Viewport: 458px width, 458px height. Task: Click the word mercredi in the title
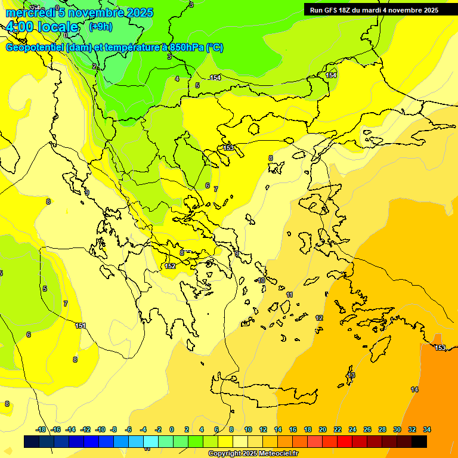point(30,13)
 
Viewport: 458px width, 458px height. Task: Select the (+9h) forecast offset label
point(100,26)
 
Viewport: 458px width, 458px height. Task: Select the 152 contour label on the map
point(171,266)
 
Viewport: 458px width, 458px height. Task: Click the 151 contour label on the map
point(81,326)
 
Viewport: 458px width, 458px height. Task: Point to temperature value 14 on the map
point(414,389)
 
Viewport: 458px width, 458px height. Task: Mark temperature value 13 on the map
point(351,375)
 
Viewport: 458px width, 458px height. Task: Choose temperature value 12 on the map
point(319,318)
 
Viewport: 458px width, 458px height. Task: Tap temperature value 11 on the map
point(289,295)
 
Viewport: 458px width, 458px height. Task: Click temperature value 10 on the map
point(261,280)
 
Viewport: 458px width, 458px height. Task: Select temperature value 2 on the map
point(94,66)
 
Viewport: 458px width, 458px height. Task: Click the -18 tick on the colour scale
point(41,429)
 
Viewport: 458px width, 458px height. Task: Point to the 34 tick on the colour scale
point(427,429)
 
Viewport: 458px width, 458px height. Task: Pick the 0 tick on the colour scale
point(172,429)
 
